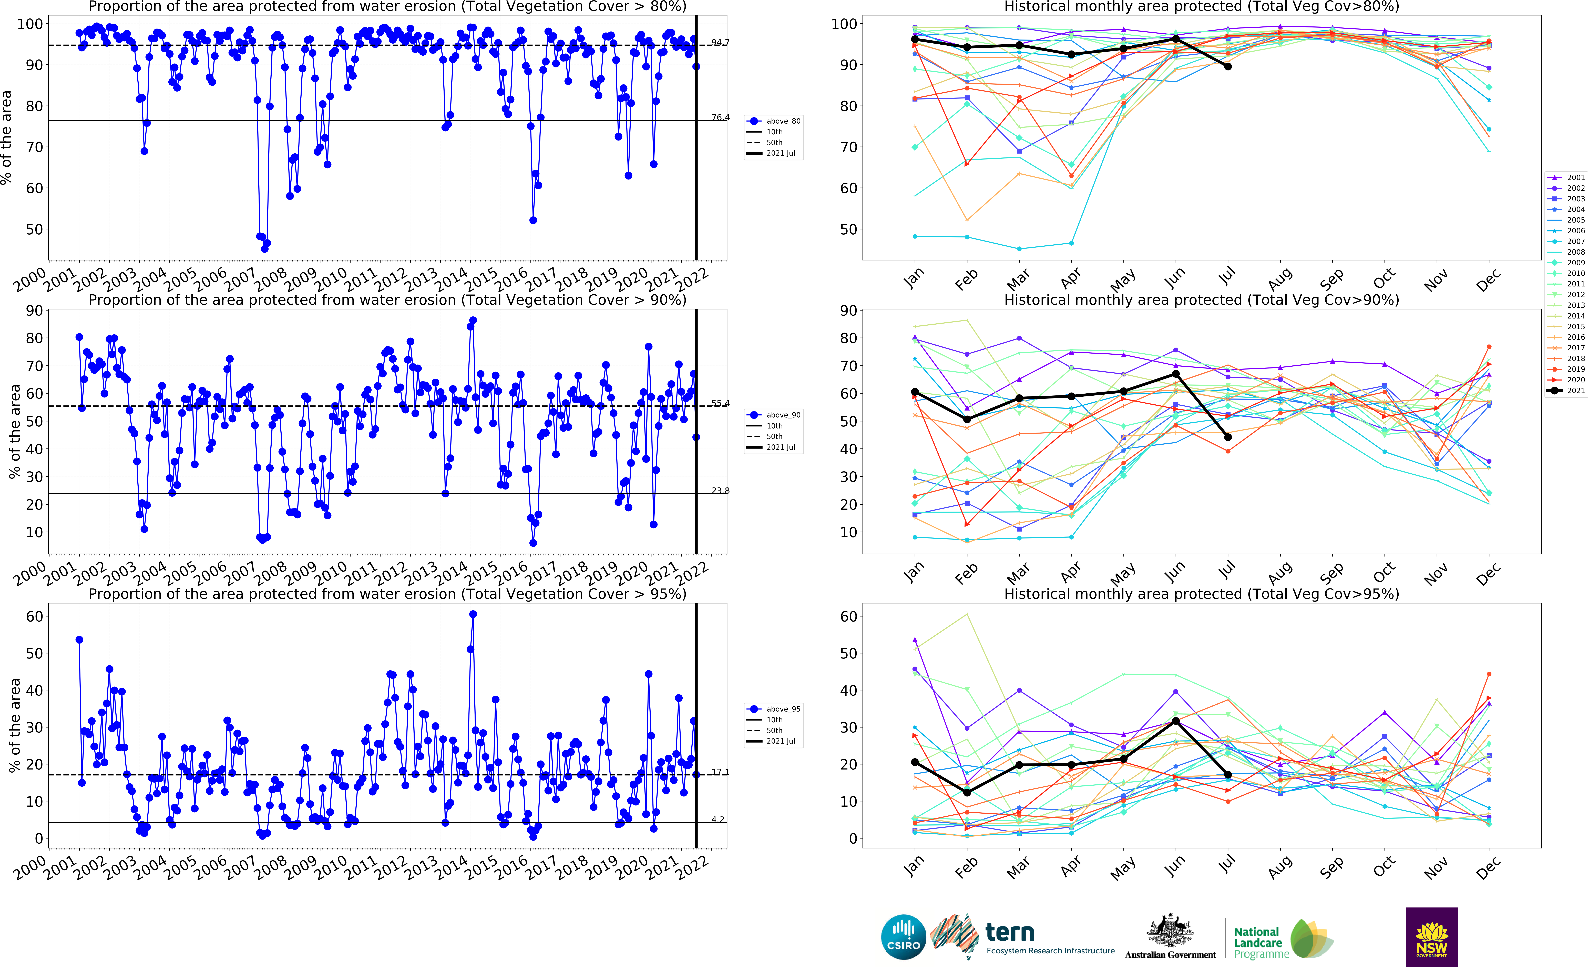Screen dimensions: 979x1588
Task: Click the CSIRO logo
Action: (903, 937)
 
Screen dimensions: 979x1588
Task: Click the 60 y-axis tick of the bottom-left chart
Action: (34, 616)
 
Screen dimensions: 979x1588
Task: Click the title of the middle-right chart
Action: (1201, 300)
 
